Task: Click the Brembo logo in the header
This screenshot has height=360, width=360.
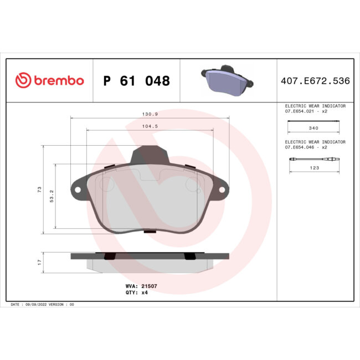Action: pyautogui.click(x=49, y=81)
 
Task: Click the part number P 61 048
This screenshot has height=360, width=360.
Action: pyautogui.click(x=136, y=81)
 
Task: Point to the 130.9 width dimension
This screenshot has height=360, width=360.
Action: pyautogui.click(x=150, y=114)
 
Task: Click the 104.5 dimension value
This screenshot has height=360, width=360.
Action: pyautogui.click(x=150, y=126)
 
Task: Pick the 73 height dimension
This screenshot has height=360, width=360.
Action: pyautogui.click(x=39, y=189)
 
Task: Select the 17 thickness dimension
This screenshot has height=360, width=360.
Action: pyautogui.click(x=39, y=261)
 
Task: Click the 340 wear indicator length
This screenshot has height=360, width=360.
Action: pyautogui.click(x=313, y=127)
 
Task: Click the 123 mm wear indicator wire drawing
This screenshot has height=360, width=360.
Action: pyautogui.click(x=313, y=160)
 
